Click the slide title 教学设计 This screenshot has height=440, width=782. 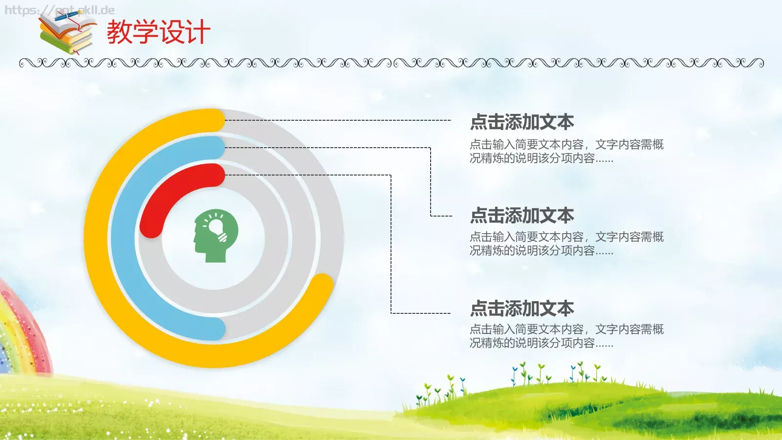pyautogui.click(x=158, y=32)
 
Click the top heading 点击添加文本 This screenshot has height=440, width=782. pyautogui.click(x=522, y=122)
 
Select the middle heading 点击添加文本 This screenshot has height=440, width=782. pyautogui.click(x=522, y=216)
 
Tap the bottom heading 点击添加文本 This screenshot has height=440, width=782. pyautogui.click(x=522, y=308)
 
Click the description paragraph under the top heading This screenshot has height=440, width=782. pyautogui.click(x=566, y=151)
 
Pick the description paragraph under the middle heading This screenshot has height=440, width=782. pyautogui.click(x=566, y=243)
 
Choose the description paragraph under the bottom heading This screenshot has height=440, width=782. pyautogui.click(x=566, y=336)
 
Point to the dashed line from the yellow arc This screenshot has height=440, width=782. pyautogui.click(x=337, y=120)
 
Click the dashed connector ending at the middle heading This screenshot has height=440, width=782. pyautogui.click(x=430, y=186)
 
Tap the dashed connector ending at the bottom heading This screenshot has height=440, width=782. pyautogui.click(x=391, y=254)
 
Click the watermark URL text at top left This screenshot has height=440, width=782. pyautogui.click(x=59, y=10)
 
